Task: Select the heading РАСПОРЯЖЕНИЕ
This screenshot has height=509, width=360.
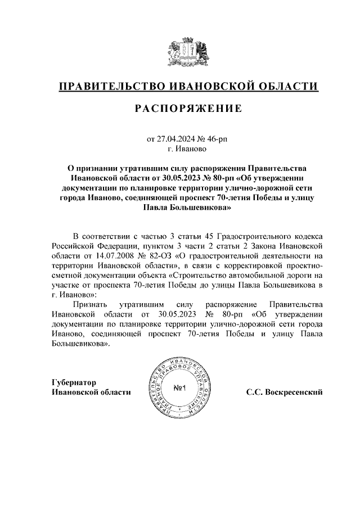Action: pos(188,109)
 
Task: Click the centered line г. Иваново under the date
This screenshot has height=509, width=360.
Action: pos(187,149)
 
